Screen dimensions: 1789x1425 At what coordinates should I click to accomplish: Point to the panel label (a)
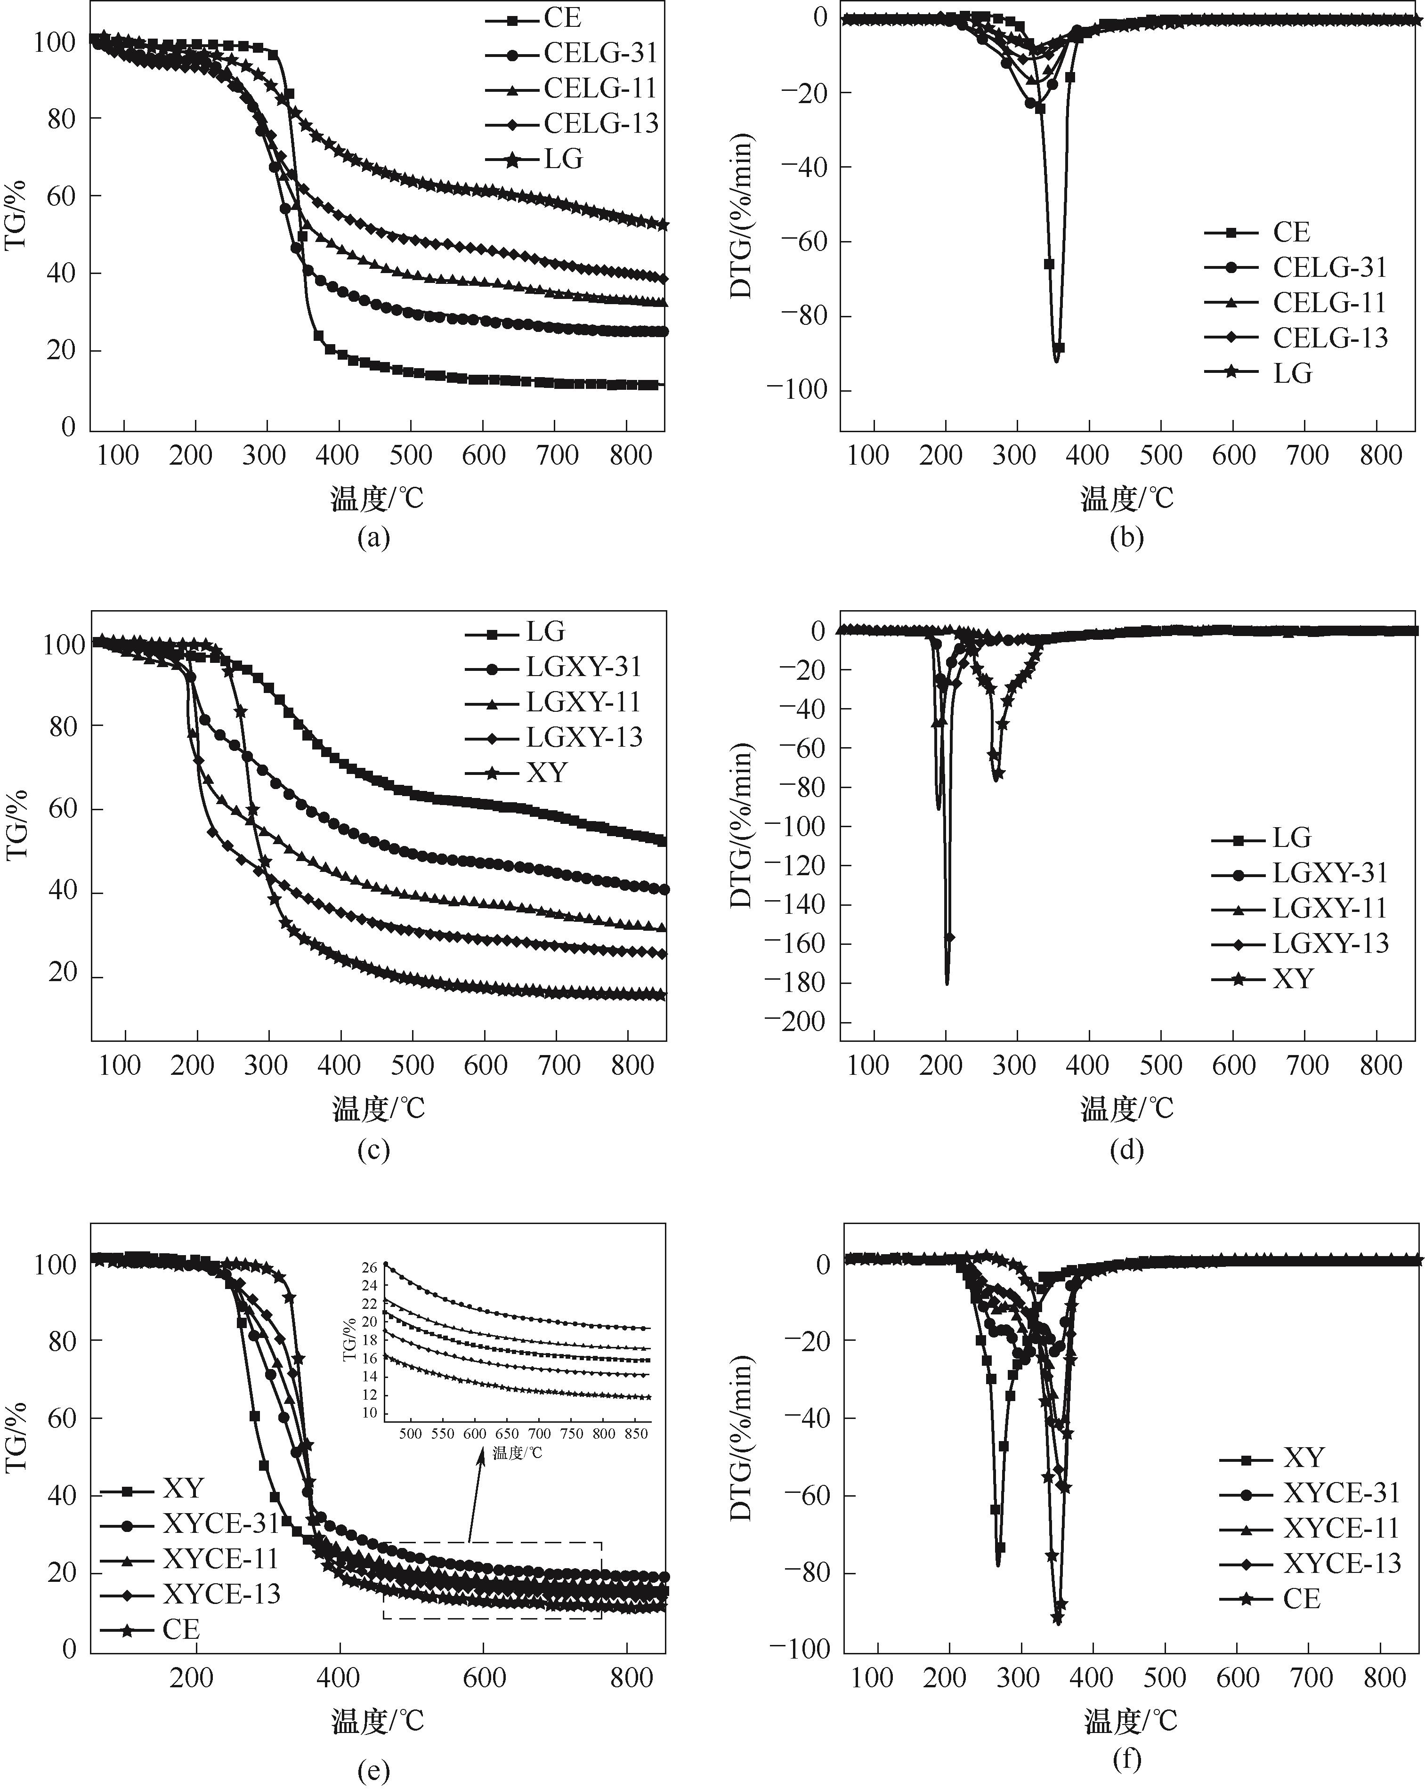[372, 538]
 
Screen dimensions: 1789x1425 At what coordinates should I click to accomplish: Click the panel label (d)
[1126, 1149]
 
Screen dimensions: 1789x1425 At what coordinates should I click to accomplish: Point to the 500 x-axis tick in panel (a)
[411, 455]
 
